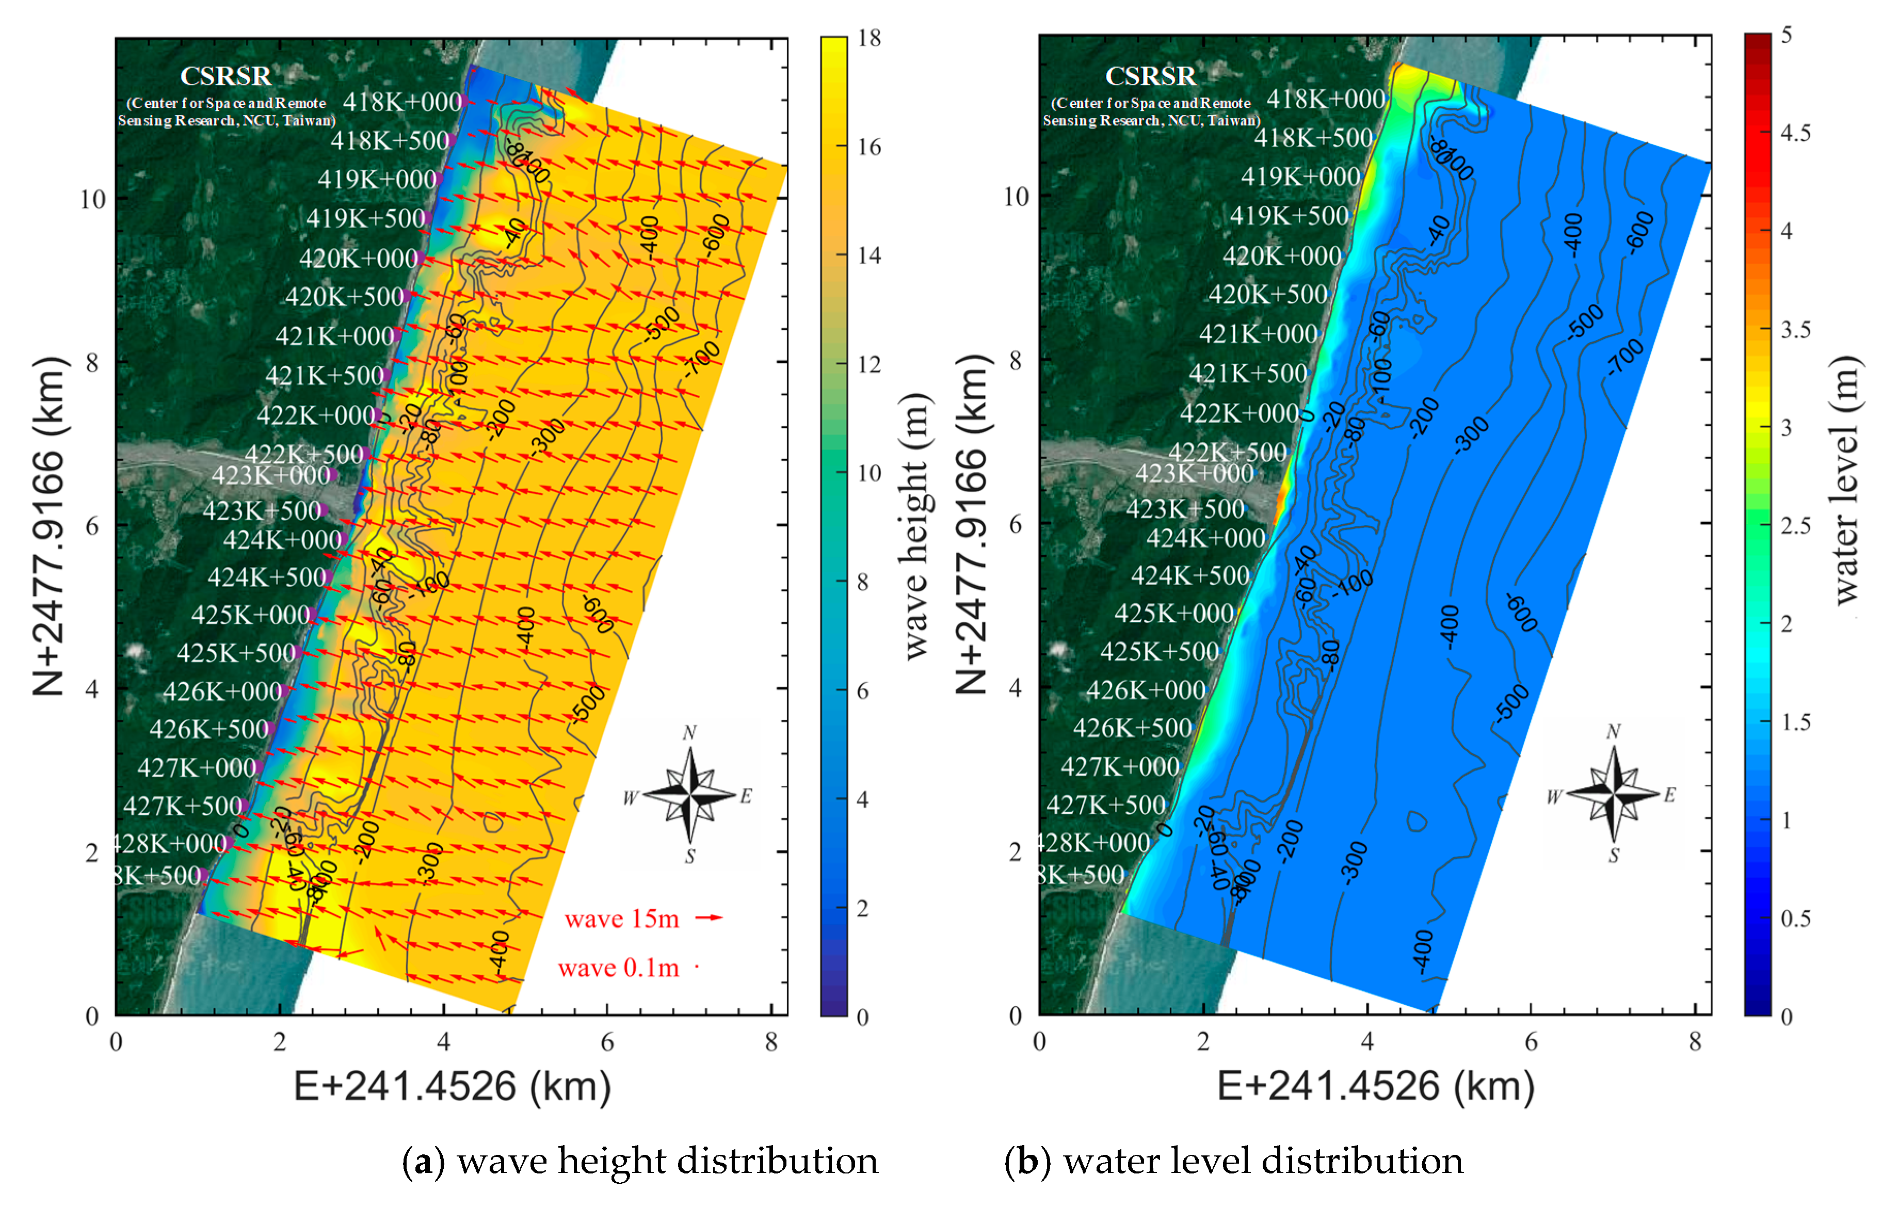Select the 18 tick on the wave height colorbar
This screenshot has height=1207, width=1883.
(x=869, y=38)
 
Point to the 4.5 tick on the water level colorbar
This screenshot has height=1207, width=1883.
(x=1795, y=133)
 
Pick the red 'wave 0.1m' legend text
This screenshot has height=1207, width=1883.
(x=618, y=968)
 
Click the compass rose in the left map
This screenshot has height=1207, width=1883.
(x=689, y=795)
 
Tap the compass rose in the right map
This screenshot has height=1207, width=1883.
(x=1614, y=794)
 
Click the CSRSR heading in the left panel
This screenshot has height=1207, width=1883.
(x=226, y=76)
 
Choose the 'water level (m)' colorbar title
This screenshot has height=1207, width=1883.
(x=1845, y=480)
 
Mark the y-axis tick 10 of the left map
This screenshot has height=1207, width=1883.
(x=92, y=199)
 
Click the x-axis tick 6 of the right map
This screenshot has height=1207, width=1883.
(x=1531, y=1042)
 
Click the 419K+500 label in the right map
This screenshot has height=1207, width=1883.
(x=1289, y=216)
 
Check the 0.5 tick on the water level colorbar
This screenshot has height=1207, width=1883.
(x=1795, y=919)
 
